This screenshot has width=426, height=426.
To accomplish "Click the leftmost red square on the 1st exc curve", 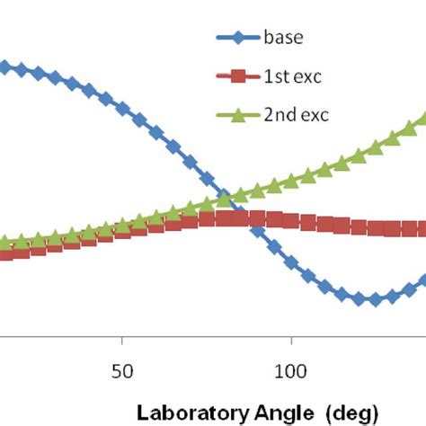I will [4, 253].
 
